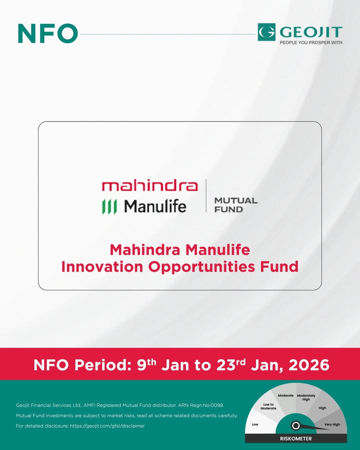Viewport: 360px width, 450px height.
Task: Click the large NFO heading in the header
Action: point(47,33)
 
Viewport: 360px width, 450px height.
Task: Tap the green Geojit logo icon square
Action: point(266,32)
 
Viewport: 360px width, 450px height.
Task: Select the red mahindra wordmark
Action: point(149,186)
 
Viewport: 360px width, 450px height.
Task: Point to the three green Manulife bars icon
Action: point(109,206)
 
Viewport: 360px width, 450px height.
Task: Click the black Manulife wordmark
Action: point(155,205)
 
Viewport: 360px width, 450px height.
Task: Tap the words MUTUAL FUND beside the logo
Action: point(235,204)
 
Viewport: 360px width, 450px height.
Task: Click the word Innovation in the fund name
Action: point(102,266)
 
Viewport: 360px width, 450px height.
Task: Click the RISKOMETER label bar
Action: point(295,438)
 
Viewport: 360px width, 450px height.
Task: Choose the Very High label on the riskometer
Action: point(331,424)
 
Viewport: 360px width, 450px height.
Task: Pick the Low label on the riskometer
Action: point(254,424)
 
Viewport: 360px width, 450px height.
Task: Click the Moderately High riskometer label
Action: point(306,397)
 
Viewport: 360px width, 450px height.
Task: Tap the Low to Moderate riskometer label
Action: point(268,406)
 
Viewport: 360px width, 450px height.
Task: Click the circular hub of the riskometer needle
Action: point(295,425)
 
